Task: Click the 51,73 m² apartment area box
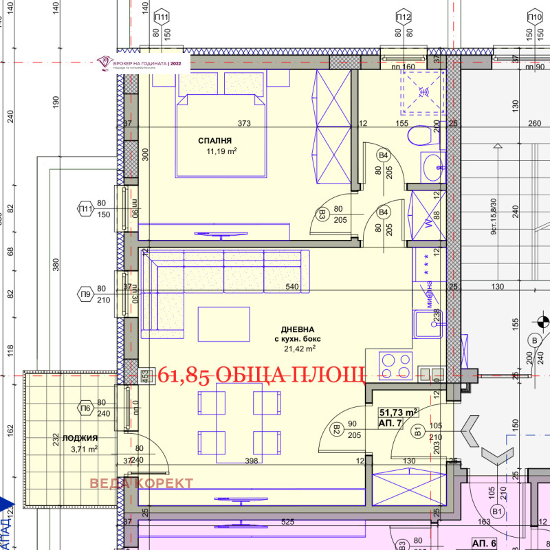pyautogui.click(x=399, y=412)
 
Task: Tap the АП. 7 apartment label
pyautogui.click(x=390, y=423)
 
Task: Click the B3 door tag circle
pyautogui.click(x=321, y=214)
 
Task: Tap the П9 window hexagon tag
pyautogui.click(x=86, y=294)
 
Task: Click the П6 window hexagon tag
pyautogui.click(x=86, y=408)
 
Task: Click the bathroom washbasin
pyautogui.click(x=432, y=166)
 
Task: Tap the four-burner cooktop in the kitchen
pyautogui.click(x=394, y=362)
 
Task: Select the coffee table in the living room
pyautogui.click(x=223, y=323)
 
